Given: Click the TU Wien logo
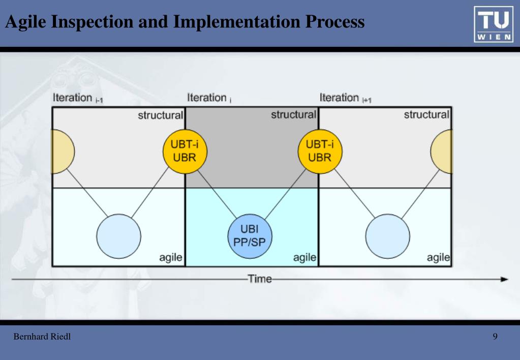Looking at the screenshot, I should tap(494, 24).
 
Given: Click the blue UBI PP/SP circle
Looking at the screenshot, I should tap(250, 236).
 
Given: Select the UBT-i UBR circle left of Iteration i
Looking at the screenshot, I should tap(185, 152).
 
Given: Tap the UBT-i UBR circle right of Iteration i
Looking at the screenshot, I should tap(320, 152).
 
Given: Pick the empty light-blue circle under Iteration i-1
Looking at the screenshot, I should tap(119, 236).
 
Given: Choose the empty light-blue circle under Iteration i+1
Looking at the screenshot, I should tap(387, 236).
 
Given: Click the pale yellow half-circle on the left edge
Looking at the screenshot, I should tap(63, 152).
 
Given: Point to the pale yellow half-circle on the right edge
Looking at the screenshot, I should tap(442, 152).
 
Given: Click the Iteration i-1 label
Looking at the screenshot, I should tap(78, 98).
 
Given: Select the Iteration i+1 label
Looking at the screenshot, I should tap(345, 98).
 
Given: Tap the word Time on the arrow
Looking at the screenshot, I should tap(259, 279).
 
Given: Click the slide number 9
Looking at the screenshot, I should tap(495, 337).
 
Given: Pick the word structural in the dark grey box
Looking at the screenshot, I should tap(293, 115).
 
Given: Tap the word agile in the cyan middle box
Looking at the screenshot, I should tap(304, 258).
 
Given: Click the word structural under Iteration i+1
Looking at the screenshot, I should tap(426, 115).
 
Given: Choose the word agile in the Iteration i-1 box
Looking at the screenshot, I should tap(170, 258).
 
